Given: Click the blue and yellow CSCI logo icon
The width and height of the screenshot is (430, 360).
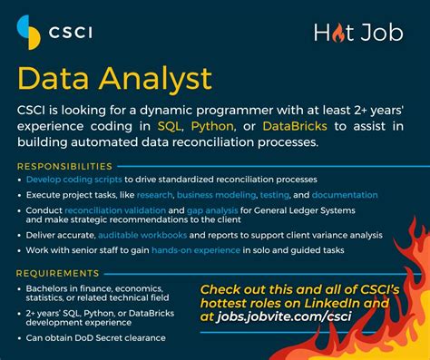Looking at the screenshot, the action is pyautogui.click(x=29, y=33).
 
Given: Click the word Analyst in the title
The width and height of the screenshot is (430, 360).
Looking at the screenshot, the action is pyautogui.click(x=155, y=79).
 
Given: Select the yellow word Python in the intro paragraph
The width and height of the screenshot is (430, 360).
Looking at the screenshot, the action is pyautogui.click(x=212, y=126).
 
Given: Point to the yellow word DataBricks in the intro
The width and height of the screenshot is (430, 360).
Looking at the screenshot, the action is pyautogui.click(x=295, y=126).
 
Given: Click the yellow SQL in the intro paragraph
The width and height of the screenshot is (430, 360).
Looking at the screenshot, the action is pyautogui.click(x=169, y=126).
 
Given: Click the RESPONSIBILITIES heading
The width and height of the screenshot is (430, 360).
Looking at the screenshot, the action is pyautogui.click(x=64, y=166).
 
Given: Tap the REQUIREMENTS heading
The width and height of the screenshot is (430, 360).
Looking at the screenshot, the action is pyautogui.click(x=58, y=273).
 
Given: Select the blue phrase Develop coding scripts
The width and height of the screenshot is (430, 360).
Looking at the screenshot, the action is pyautogui.click(x=74, y=180).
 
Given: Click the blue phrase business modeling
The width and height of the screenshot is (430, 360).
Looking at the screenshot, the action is pyautogui.click(x=216, y=195).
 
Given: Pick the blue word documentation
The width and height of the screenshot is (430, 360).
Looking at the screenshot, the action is pyautogui.click(x=345, y=195).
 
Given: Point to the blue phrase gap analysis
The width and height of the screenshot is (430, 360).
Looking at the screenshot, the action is pyautogui.click(x=212, y=210).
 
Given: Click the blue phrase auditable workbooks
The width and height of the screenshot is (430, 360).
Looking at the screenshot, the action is pyautogui.click(x=142, y=235).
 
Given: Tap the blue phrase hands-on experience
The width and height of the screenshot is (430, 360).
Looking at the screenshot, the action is pyautogui.click(x=196, y=250).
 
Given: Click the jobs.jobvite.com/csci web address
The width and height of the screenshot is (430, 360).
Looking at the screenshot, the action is pyautogui.click(x=284, y=316).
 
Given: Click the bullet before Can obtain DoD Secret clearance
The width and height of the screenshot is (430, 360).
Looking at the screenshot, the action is pyautogui.click(x=20, y=338).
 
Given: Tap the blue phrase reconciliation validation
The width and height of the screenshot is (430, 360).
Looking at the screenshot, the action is pyautogui.click(x=115, y=210).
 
